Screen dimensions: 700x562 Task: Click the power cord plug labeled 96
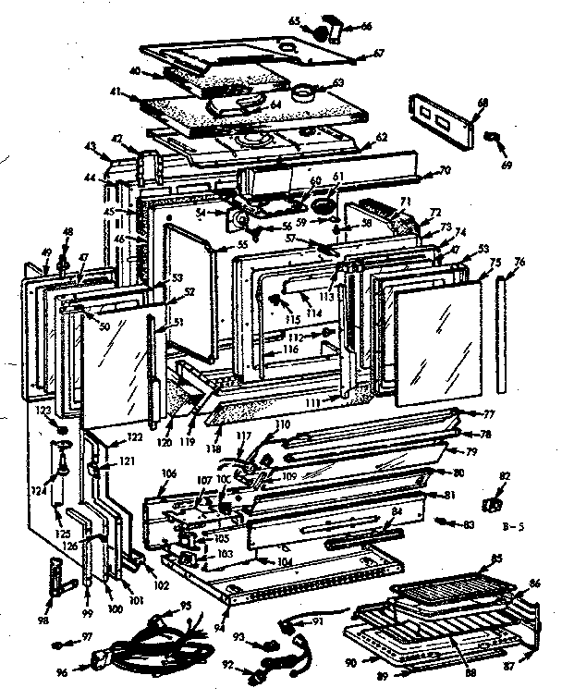pyautogui.click(x=101, y=663)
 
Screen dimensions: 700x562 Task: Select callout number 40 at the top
pyautogui.click(x=135, y=70)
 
